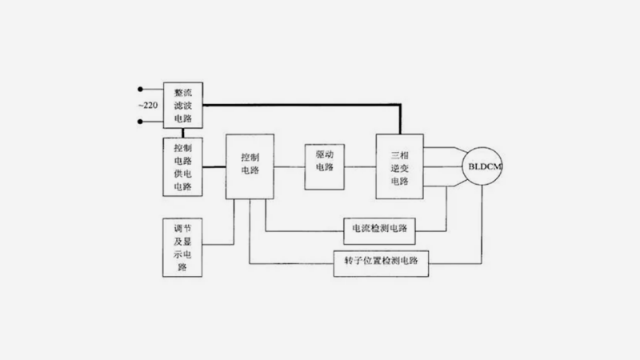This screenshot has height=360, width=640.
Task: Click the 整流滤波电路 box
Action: [x=182, y=105]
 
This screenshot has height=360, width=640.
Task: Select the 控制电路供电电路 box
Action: [x=182, y=167]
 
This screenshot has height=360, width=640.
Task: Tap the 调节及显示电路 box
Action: [x=182, y=246]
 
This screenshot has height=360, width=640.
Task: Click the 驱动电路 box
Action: [x=324, y=166]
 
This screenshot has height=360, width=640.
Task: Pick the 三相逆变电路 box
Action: [x=399, y=166]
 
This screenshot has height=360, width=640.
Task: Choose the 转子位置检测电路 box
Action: [x=380, y=261]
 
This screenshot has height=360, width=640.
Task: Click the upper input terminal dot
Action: [x=141, y=89]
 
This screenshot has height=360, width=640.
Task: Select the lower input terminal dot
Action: [x=141, y=122]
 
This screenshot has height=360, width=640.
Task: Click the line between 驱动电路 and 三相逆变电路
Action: [x=360, y=166]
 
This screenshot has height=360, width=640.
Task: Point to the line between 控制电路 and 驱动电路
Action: [x=289, y=166]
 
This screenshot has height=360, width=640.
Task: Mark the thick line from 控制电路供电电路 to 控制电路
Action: [x=214, y=167]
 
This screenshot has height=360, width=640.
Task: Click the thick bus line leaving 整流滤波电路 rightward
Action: [x=304, y=106]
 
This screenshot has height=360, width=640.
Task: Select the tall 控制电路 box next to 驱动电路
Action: [x=250, y=166]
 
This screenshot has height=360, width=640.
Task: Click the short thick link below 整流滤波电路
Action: [x=182, y=132]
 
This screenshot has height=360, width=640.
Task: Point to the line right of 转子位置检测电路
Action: [x=456, y=261]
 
